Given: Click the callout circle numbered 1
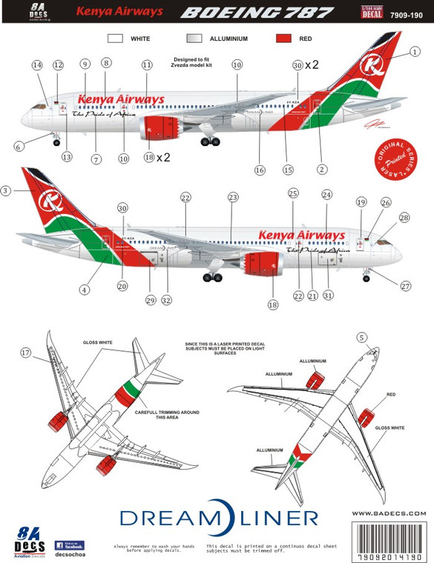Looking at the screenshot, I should [x=415, y=52].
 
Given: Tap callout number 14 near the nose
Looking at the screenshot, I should [x=36, y=65].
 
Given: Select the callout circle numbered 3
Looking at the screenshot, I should [x=7, y=190].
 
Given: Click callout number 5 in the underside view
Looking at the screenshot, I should [x=361, y=338].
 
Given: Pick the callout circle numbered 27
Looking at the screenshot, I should [x=404, y=286].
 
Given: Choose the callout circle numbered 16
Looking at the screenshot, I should [x=260, y=170].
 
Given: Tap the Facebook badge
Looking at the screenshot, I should [x=69, y=545].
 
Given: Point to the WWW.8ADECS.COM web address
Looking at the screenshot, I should [x=389, y=513].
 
